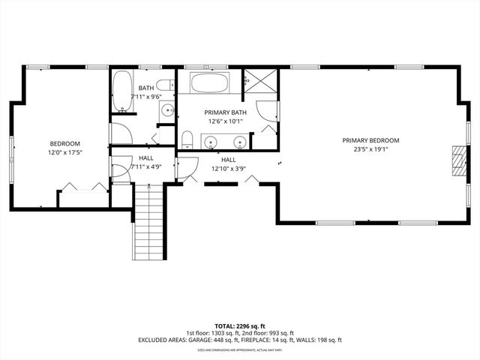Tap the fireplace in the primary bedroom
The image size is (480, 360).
click(x=457, y=160)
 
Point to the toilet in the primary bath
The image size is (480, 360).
click(x=187, y=140)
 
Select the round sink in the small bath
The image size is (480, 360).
click(x=166, y=111)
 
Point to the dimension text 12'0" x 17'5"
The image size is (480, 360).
click(x=65, y=152)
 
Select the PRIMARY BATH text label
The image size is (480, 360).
click(x=225, y=112)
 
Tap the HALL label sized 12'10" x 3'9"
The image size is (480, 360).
click(x=228, y=160)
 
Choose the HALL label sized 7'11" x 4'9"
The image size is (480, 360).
click(x=146, y=158)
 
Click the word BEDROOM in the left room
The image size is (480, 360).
click(x=65, y=144)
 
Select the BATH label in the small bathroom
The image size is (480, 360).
click(x=146, y=88)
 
